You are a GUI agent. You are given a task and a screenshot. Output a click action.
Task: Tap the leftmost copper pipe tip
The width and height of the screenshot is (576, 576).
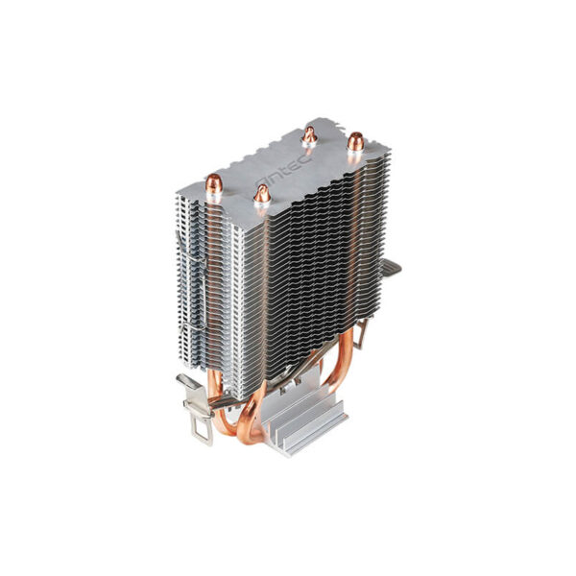tap(213, 184)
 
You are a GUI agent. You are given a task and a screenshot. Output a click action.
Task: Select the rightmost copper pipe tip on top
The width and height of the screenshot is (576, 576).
tap(354, 143)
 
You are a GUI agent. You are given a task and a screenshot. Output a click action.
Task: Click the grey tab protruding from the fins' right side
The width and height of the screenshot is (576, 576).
tap(391, 272)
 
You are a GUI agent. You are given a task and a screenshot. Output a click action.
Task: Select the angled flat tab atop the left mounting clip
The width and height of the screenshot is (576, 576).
tap(192, 384)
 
